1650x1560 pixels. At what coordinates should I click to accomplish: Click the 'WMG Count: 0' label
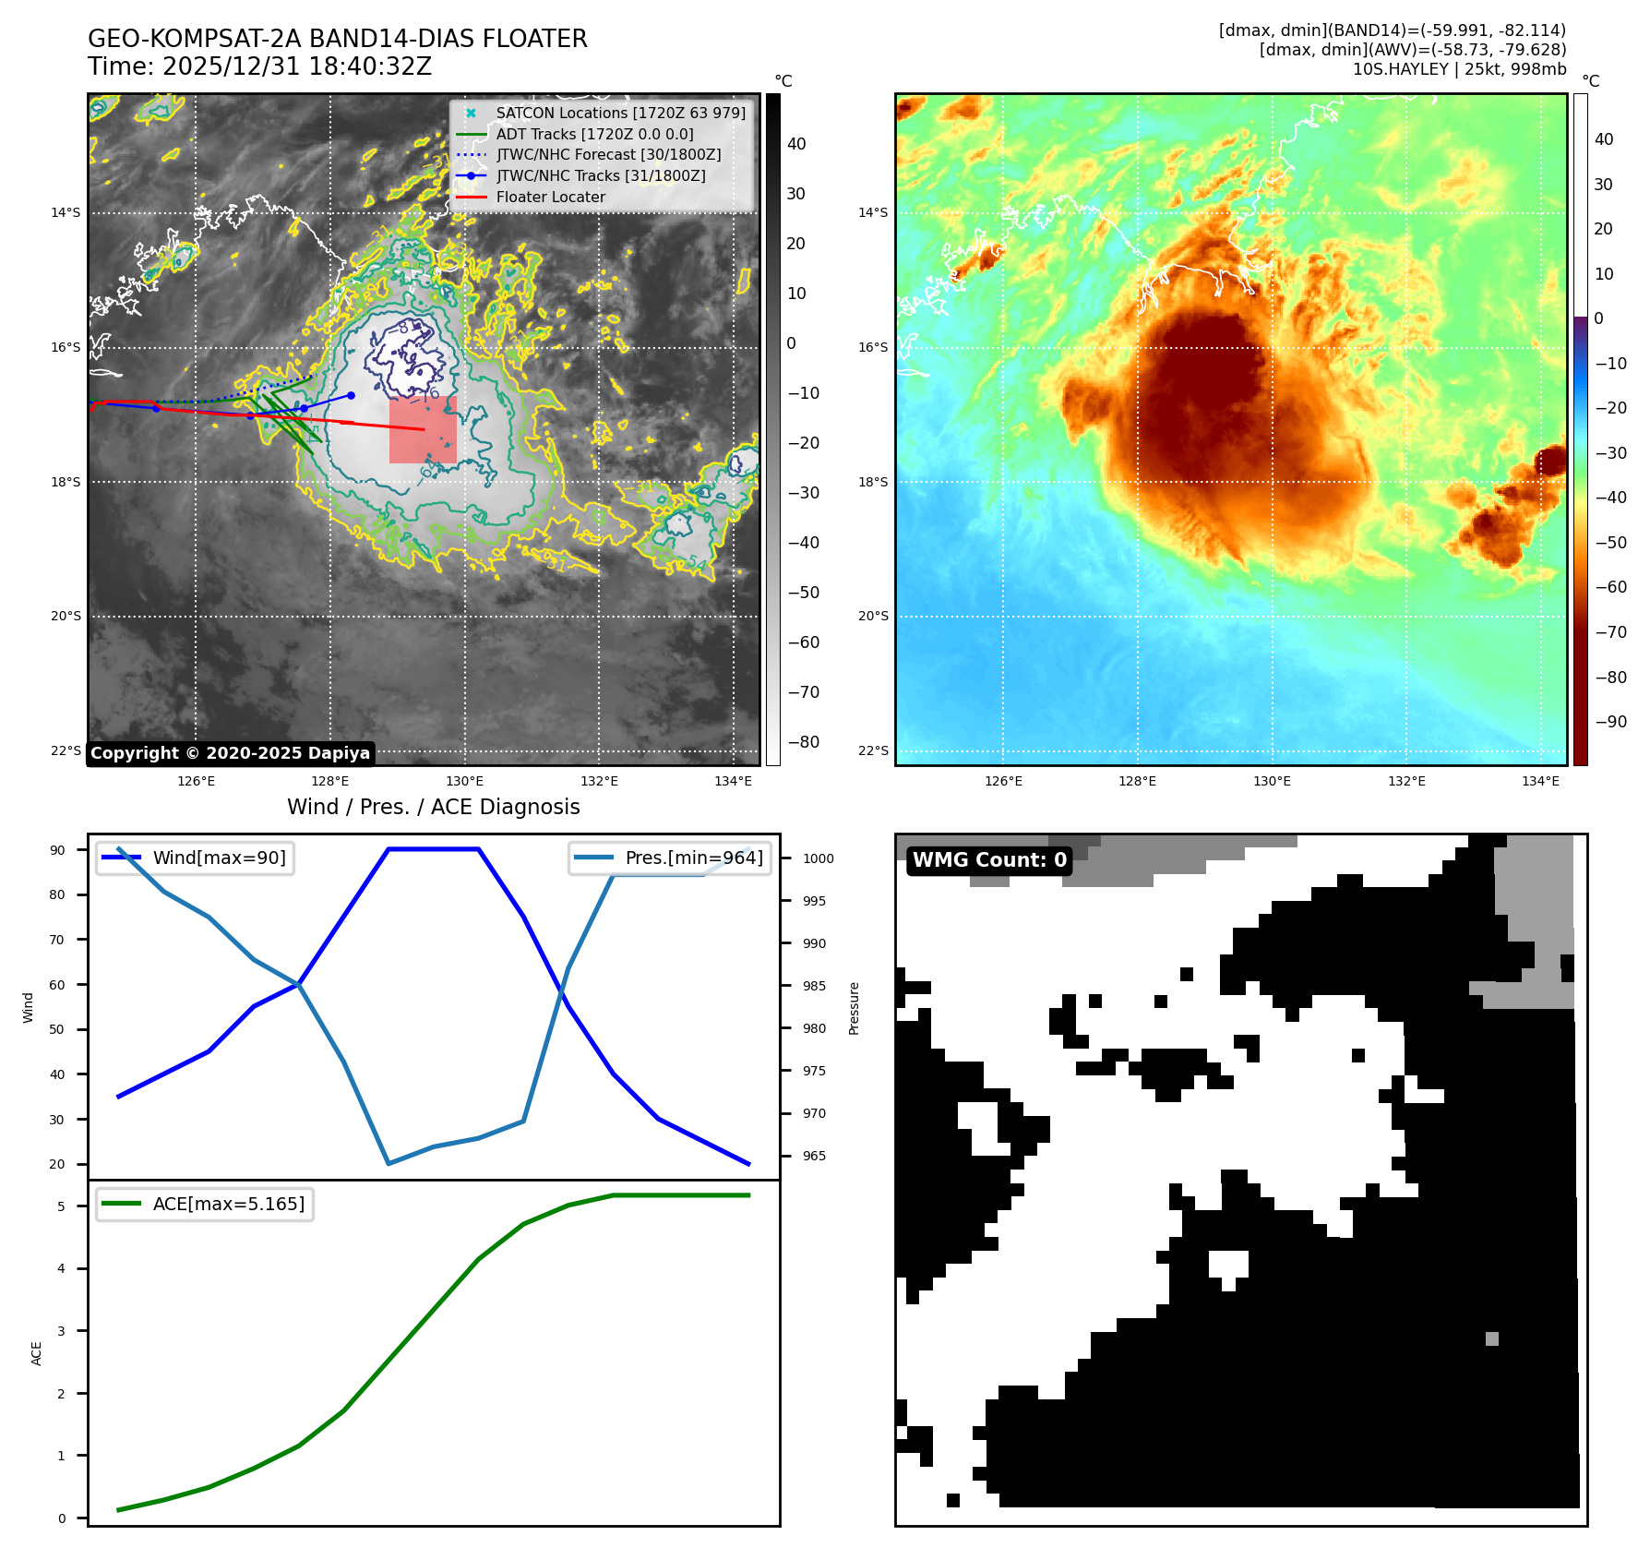[x=989, y=860]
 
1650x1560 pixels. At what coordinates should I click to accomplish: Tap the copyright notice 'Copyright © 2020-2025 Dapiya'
[x=230, y=753]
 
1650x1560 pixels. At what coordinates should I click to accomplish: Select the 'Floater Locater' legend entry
[x=550, y=197]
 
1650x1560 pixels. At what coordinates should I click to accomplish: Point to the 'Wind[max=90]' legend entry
[x=219, y=858]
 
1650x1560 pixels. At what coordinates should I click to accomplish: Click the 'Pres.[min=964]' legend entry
[x=694, y=858]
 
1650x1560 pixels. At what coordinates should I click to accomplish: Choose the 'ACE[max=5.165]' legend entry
[x=228, y=1204]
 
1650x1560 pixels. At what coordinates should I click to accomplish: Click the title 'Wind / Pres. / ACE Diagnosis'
[x=434, y=807]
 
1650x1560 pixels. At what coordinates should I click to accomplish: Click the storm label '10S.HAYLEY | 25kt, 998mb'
[x=1459, y=69]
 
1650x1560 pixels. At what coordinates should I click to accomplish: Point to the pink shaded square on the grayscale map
[x=423, y=430]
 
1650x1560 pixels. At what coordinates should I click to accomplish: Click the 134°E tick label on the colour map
[x=1540, y=781]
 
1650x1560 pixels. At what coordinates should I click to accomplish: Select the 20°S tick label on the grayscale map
[x=66, y=616]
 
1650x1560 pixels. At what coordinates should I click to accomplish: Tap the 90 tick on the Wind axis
[x=57, y=850]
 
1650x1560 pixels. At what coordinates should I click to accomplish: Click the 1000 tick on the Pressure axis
[x=818, y=858]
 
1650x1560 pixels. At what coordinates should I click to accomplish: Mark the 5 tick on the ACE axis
[x=62, y=1206]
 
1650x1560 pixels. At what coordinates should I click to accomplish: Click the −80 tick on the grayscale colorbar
[x=803, y=742]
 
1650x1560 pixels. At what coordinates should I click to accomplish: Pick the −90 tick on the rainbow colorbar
[x=1610, y=722]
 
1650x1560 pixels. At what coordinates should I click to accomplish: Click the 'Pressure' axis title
[x=855, y=1008]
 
